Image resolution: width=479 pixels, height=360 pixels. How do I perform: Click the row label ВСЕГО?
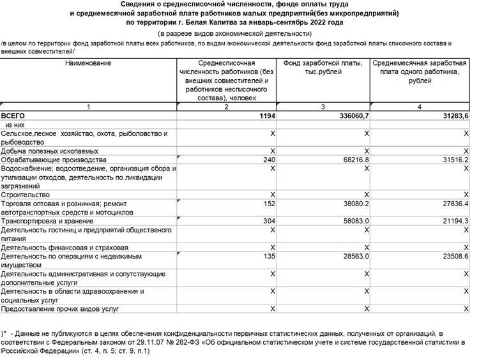(13, 116)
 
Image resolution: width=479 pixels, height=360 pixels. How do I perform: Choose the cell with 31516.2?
(453, 160)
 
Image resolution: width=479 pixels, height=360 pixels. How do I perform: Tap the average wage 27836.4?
(453, 204)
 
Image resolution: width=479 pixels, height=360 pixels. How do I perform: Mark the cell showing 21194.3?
(453, 221)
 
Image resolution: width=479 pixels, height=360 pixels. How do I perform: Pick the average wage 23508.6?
(453, 256)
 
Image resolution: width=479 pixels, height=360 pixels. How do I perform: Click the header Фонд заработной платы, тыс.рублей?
(323, 68)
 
